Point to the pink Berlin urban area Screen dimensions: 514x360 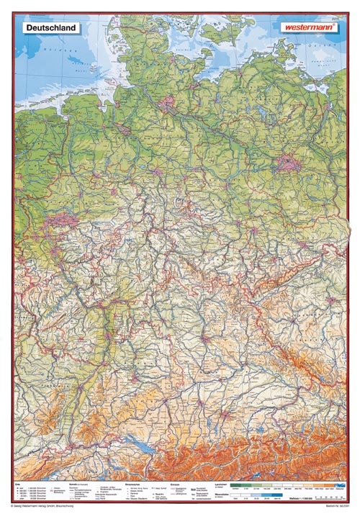[x=290, y=163]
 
